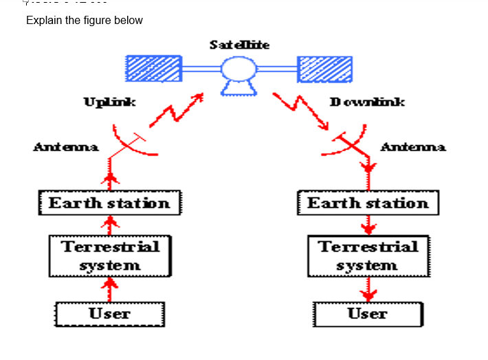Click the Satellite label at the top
pos(239,45)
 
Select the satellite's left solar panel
pos(153,69)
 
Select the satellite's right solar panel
pos(324,69)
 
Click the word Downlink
pos(367,102)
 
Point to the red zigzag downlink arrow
pos(302,110)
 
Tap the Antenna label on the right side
pos(412,146)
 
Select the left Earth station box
pos(109,203)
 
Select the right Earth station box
pos(368,203)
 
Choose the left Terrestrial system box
pos(109,256)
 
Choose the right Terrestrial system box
pos(368,256)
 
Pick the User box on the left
pos(109,314)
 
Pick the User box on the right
pos(368,314)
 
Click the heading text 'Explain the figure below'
pos(85,20)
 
